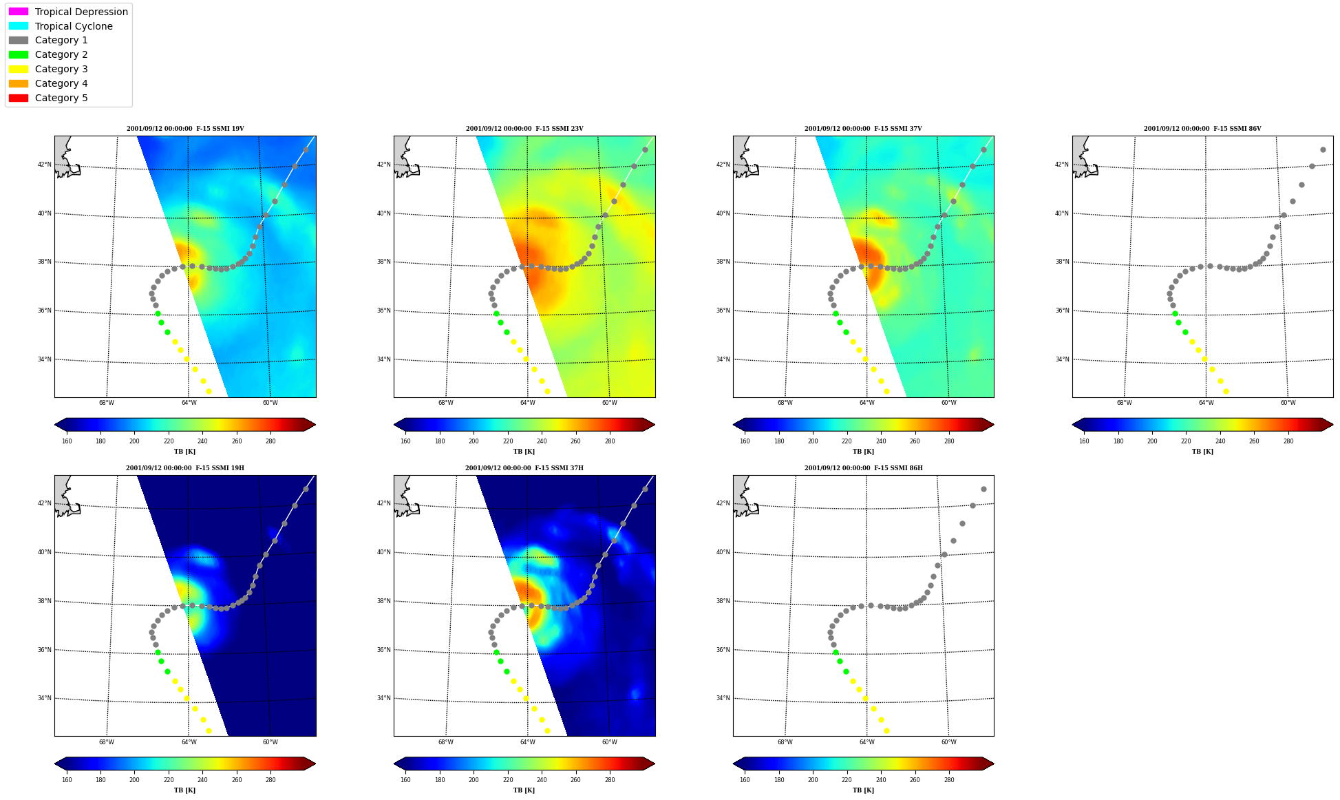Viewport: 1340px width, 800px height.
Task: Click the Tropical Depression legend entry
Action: (x=68, y=12)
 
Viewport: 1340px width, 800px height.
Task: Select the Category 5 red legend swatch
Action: (x=19, y=98)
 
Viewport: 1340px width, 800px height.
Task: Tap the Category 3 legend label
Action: (x=61, y=69)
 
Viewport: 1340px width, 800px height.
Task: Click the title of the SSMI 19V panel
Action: (x=185, y=129)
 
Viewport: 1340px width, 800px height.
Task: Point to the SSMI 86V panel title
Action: (x=1202, y=129)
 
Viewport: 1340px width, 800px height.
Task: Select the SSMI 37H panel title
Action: (x=524, y=468)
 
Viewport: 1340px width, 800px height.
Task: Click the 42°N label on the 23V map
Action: (x=383, y=165)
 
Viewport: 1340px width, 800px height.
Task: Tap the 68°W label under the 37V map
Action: (x=785, y=403)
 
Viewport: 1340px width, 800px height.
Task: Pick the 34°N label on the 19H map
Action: (x=44, y=698)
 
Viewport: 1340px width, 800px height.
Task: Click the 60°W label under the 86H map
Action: (x=949, y=742)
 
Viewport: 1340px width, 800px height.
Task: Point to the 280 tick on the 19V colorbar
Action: (x=270, y=441)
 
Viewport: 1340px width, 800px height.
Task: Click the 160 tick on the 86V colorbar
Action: (x=1084, y=441)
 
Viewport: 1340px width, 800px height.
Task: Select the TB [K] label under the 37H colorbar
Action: (x=524, y=790)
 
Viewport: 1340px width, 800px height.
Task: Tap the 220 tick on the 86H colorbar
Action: (x=847, y=780)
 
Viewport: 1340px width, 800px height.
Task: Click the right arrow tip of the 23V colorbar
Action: (x=655, y=425)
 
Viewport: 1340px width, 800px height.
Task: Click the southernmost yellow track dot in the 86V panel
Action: (x=1226, y=391)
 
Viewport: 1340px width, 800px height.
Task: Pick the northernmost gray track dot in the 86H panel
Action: (x=983, y=489)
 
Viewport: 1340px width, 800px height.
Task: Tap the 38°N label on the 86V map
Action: (x=1062, y=262)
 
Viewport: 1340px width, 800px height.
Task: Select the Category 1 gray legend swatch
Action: (x=19, y=41)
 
